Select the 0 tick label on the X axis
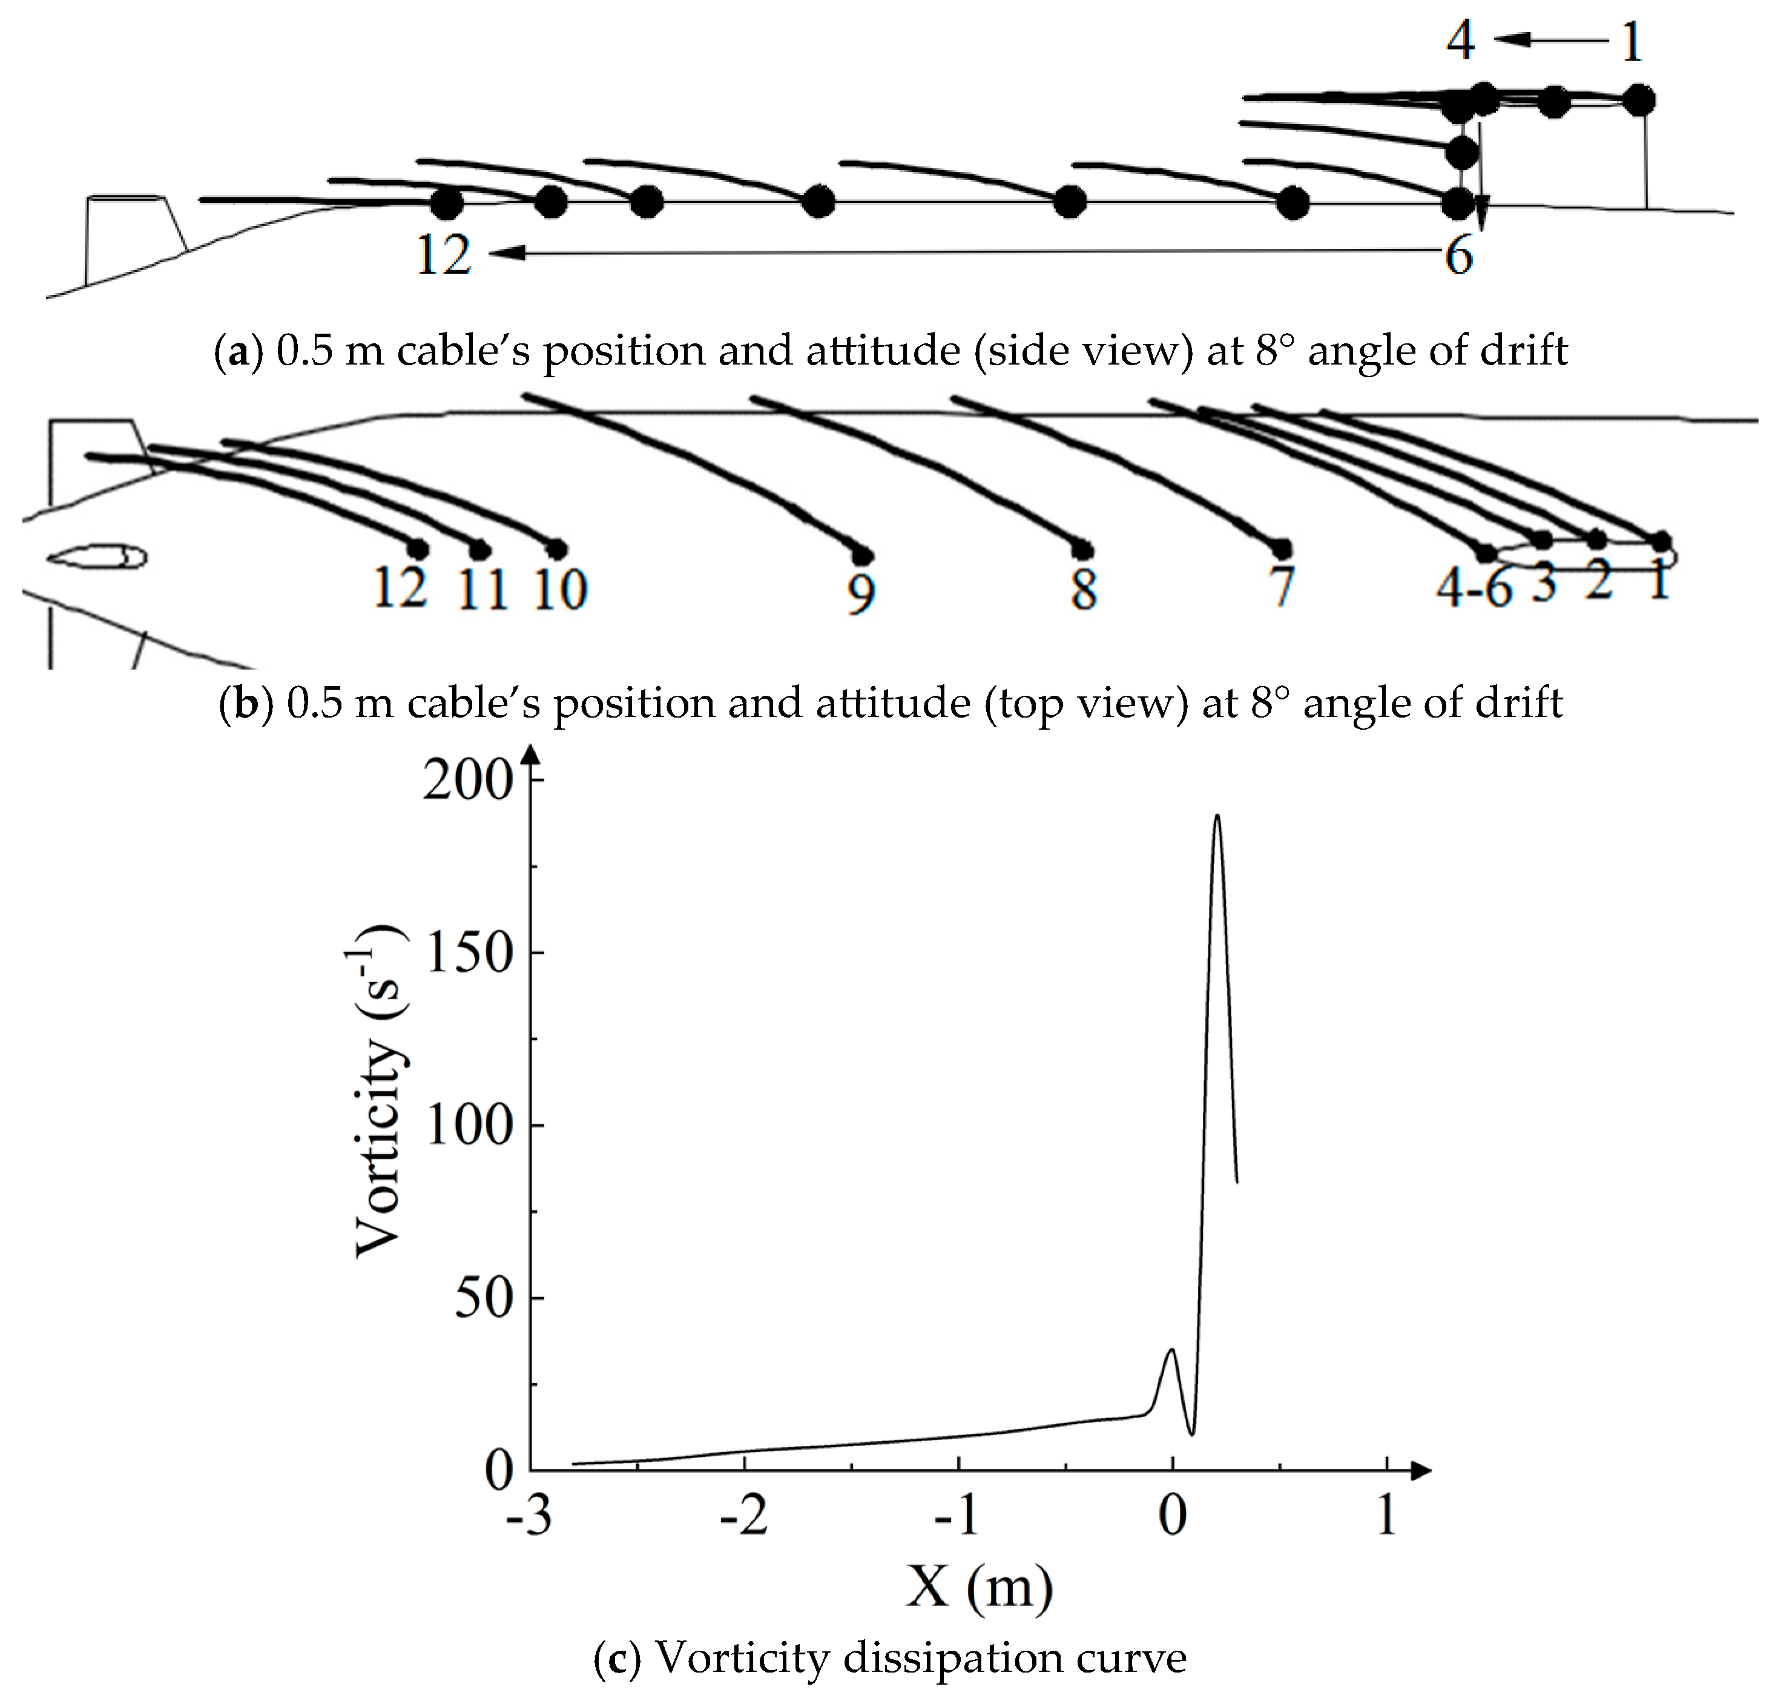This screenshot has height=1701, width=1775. (x=1172, y=1515)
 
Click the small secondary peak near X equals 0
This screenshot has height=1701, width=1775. (x=1172, y=1350)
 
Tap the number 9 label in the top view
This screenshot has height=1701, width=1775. (x=861, y=593)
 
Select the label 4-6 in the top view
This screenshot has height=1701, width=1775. (x=1474, y=589)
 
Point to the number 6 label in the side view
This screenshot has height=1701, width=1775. (x=1458, y=256)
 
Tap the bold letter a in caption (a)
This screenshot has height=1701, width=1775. (x=238, y=351)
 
